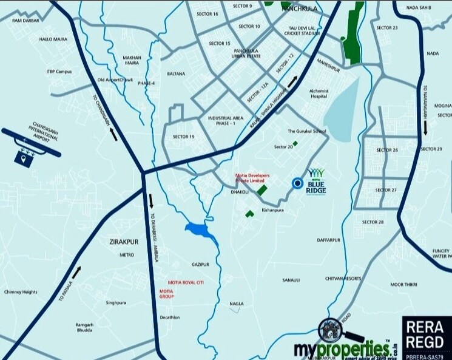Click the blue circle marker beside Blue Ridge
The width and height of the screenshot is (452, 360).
tap(297, 183)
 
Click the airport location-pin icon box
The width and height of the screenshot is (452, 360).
tap(23, 157)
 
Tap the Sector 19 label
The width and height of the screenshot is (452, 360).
tap(183, 137)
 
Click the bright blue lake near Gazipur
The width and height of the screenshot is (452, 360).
tap(201, 231)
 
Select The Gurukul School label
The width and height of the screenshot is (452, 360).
tap(307, 131)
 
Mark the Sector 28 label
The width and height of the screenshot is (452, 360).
tap(373, 222)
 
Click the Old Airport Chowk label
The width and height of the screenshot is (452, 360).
tap(115, 80)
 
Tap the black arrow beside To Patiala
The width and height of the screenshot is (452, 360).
tap(76, 273)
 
